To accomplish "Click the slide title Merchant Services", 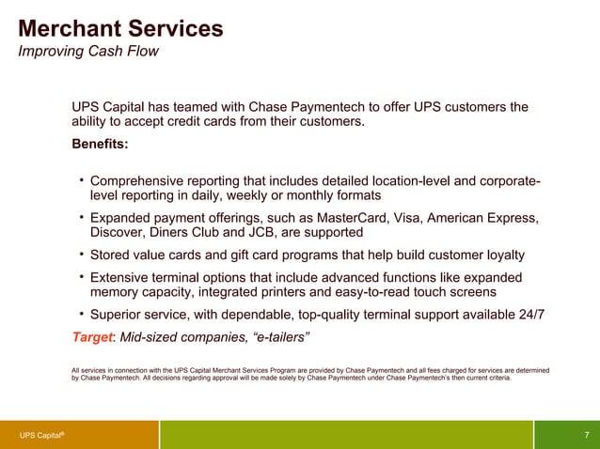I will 120,28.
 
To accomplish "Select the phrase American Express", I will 482,219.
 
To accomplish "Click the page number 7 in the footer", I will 587,435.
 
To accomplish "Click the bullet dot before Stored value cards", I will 82,254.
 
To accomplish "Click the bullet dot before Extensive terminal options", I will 82,276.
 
